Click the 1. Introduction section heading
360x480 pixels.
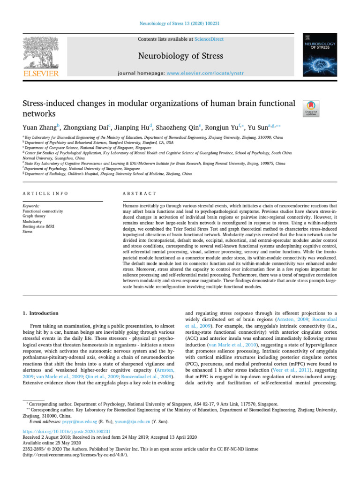[41, 313]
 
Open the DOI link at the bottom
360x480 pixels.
[67, 431]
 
